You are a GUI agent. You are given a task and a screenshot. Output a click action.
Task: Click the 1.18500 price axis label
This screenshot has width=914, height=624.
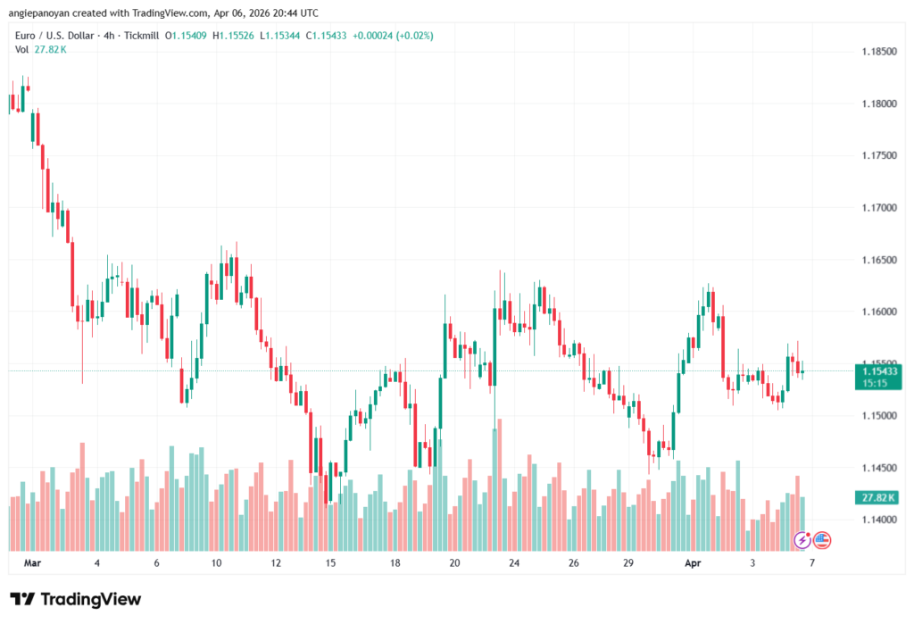[x=879, y=52]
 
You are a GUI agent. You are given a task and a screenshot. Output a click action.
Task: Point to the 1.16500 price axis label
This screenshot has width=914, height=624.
[x=879, y=260]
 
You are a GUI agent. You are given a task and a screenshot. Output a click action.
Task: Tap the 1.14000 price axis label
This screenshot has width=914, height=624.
[x=879, y=520]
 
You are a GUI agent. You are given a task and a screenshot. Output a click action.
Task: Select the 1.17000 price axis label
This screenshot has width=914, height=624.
[x=879, y=208]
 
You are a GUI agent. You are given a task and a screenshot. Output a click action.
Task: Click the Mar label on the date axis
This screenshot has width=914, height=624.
[x=33, y=563]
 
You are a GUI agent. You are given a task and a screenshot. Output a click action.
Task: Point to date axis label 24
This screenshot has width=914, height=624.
[x=514, y=563]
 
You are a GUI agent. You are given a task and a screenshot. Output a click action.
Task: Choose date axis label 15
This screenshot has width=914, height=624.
[x=330, y=563]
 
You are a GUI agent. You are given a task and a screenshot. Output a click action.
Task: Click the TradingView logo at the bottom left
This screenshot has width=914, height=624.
[x=75, y=599]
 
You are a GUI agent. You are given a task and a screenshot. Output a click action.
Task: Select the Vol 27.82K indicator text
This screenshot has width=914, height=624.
[x=41, y=49]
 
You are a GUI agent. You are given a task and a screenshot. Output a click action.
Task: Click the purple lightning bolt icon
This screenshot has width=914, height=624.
[x=802, y=539]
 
